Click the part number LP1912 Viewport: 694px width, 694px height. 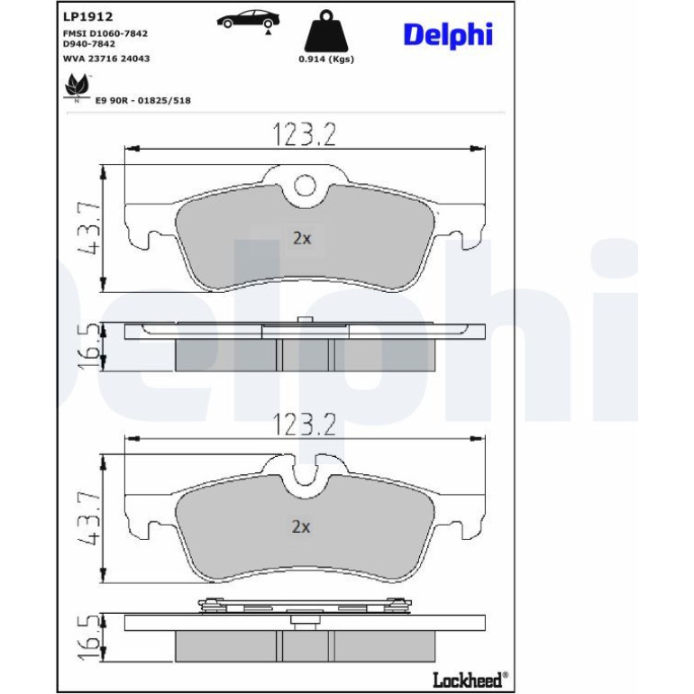click(88, 17)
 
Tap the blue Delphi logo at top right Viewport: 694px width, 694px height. click(448, 35)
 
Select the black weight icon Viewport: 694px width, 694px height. click(326, 30)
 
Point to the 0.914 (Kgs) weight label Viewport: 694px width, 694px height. click(326, 59)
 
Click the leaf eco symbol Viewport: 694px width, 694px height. click(77, 88)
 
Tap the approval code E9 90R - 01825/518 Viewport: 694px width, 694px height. click(143, 100)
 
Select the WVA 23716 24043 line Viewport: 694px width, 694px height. click(106, 59)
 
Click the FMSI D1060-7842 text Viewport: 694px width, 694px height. click(105, 33)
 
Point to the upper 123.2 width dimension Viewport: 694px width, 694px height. click(305, 134)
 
